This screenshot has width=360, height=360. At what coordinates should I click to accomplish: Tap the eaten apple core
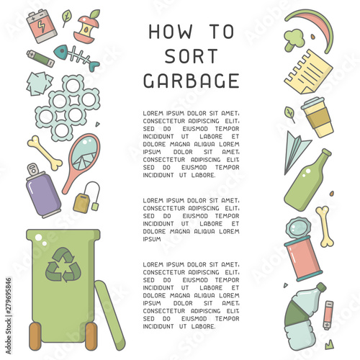pos(89,27)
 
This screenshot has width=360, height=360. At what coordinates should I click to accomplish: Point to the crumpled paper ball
pos(40,82)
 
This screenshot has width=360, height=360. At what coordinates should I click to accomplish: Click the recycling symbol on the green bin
pos(61,265)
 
